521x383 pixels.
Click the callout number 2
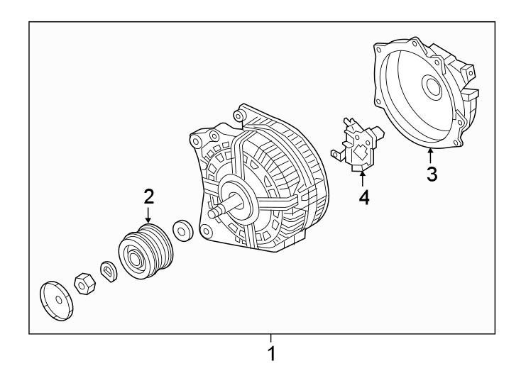[x=148, y=195]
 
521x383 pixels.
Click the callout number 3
[x=432, y=173]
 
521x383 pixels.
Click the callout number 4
[x=363, y=197]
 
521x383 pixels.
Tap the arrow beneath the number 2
[x=148, y=215]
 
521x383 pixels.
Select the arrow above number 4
[x=363, y=177]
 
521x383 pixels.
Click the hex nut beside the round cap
[x=85, y=284]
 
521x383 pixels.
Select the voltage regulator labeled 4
[x=361, y=145]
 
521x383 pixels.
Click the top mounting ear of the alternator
[x=240, y=111]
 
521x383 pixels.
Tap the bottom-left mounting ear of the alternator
[x=207, y=231]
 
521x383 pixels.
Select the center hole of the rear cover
[x=430, y=87]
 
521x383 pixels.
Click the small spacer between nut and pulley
[x=109, y=270]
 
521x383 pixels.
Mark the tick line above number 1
[x=270, y=338]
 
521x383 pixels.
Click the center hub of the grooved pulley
[x=132, y=257]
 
